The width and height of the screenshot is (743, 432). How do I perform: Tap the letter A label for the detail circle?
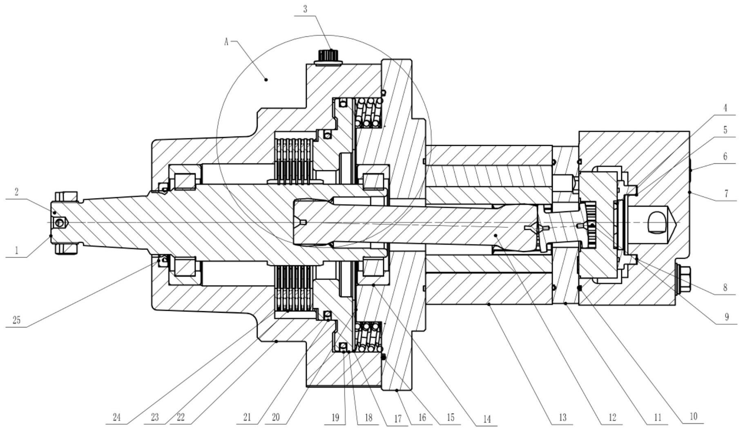226,41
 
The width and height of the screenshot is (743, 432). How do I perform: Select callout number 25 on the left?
17,320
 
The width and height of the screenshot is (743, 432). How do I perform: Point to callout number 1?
17,250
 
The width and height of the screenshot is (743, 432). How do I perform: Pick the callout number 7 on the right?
726,193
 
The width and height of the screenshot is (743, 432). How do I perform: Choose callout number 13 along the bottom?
562,417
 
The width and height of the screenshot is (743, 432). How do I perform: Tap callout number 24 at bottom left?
116,417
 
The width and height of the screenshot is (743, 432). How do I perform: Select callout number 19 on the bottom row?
335,417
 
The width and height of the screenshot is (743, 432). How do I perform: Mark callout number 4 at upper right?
725,108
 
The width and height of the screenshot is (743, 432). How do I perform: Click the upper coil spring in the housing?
369,112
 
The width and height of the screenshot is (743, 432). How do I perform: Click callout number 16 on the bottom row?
422,417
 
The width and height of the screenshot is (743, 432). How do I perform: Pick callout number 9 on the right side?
726,317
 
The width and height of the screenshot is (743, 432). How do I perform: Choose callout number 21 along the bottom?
247,417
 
